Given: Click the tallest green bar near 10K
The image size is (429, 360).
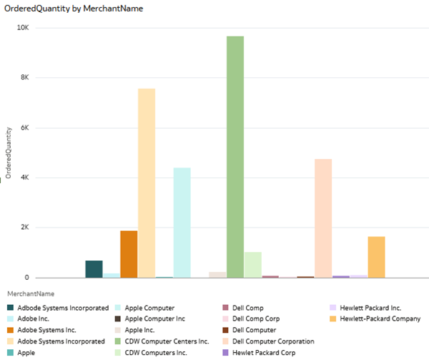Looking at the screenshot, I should [x=235, y=157].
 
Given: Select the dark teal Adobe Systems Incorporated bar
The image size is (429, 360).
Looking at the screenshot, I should [x=94, y=269].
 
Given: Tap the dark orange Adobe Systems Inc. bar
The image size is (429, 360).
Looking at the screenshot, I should [x=129, y=254].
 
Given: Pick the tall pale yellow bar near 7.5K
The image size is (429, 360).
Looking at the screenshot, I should [x=147, y=183].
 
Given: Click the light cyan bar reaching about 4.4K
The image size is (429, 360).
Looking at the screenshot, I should [x=182, y=223].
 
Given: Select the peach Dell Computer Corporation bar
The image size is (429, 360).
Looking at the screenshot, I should [x=323, y=218].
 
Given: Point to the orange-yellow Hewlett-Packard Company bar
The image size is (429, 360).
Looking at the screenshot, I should [x=377, y=257].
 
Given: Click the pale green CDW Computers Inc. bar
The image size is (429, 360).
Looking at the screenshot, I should [x=252, y=265].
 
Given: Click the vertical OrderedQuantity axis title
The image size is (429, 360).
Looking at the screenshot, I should [x=9, y=153].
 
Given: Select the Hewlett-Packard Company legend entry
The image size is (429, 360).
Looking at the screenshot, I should [x=380, y=318].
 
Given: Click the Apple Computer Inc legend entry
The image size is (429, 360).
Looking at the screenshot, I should [x=154, y=318].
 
